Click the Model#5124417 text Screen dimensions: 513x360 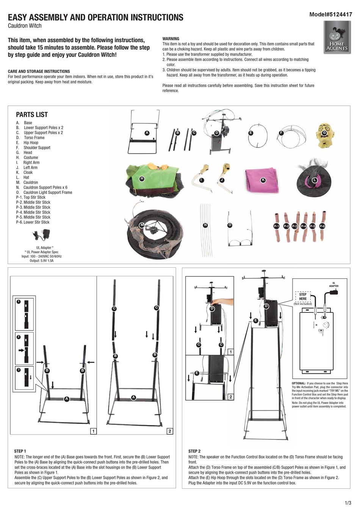pyautogui.click(x=330, y=15)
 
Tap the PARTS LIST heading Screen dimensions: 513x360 pyautogui.click(x=32, y=115)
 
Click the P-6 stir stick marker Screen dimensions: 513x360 pyautogui.click(x=322, y=226)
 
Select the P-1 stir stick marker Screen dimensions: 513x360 pyautogui.click(x=276, y=226)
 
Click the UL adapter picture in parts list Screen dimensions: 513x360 pyautogui.click(x=40, y=237)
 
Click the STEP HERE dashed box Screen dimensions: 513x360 pyautogui.click(x=302, y=297)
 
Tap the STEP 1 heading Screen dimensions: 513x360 pyautogui.click(x=20, y=451)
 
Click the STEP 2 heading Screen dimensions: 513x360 pyautogui.click(x=194, y=451)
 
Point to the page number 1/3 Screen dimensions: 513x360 pyautogui.click(x=347, y=503)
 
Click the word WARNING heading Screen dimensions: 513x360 pyautogui.click(x=171, y=39)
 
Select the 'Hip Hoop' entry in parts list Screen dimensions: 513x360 pyautogui.click(x=31, y=143)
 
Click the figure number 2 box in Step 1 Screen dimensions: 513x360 pyautogui.click(x=169, y=431)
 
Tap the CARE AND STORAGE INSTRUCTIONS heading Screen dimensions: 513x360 pyautogui.click(x=39, y=71)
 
